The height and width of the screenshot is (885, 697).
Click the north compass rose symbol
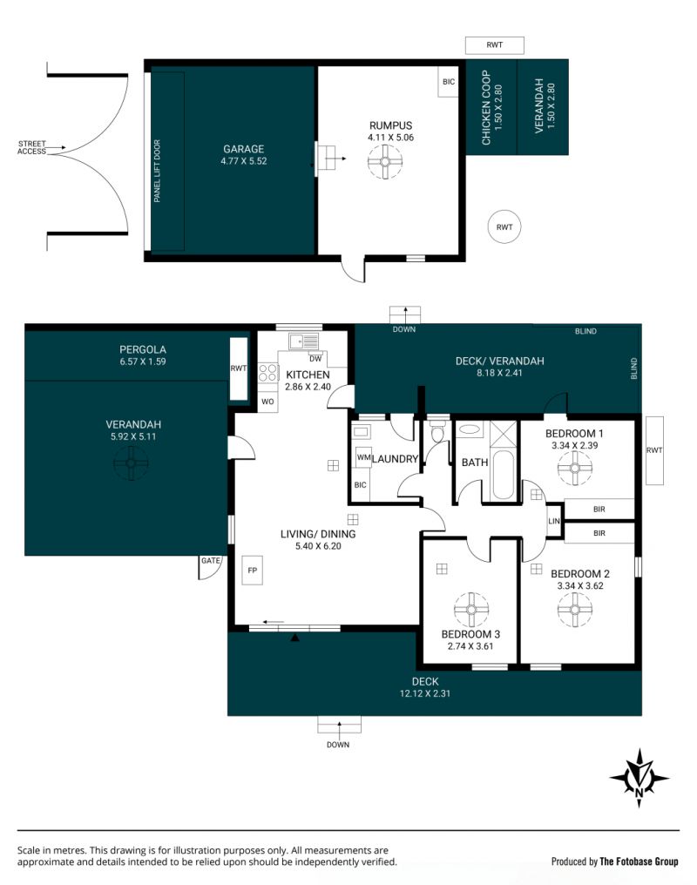tap(639, 778)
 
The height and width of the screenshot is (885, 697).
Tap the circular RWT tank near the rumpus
tap(504, 226)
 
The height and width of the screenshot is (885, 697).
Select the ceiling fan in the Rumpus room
tap(385, 161)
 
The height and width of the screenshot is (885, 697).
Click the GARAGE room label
tap(244, 149)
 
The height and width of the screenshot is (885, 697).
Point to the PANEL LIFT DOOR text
tap(157, 171)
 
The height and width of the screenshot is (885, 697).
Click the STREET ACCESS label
tap(31, 147)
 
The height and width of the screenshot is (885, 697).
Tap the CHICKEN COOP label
tap(486, 107)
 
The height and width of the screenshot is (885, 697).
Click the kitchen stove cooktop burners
tap(268, 373)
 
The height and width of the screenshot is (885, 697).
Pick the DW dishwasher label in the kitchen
tap(315, 358)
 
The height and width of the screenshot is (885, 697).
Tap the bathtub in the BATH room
tap(503, 474)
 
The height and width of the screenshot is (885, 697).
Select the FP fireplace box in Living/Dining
tap(253, 570)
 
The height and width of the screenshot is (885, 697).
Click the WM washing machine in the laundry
tap(363, 457)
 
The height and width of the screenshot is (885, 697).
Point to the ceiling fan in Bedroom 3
tap(471, 610)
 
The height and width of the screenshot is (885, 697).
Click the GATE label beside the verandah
tap(211, 560)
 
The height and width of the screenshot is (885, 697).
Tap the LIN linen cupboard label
tap(554, 521)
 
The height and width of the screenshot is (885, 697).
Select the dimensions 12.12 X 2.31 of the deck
tap(425, 693)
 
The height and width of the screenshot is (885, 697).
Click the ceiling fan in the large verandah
tap(131, 463)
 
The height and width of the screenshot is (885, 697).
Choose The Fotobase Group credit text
tap(639, 861)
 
